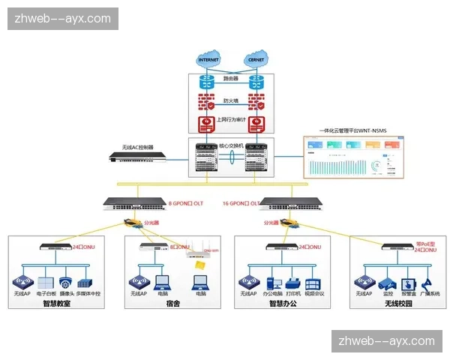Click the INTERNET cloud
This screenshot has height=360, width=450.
209,59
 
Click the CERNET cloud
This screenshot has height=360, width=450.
256,59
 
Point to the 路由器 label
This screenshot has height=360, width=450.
232,78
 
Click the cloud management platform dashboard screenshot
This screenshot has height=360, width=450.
357,160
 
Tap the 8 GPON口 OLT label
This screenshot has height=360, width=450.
184,202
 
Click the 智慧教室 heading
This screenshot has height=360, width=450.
57,304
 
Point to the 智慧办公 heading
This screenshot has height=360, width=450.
282,304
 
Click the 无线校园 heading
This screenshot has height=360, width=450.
397,304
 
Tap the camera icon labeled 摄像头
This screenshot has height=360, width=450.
66,283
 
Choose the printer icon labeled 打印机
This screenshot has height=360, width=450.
293,283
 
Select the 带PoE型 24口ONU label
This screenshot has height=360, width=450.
425,247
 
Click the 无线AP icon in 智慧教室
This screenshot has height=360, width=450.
22,283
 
